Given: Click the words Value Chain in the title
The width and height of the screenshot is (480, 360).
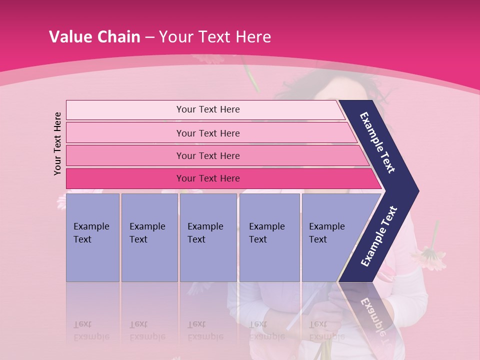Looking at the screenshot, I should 94,36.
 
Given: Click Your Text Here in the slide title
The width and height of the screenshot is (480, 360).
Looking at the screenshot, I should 215,36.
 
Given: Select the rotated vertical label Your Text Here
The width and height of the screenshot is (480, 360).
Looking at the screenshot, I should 57,143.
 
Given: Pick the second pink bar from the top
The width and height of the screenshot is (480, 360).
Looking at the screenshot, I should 207,133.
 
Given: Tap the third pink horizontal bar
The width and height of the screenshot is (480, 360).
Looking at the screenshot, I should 207,155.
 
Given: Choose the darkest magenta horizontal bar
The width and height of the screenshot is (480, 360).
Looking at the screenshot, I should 207,178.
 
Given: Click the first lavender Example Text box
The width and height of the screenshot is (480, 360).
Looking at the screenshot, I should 92,237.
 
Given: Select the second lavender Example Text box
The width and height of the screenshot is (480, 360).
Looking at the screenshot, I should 149,237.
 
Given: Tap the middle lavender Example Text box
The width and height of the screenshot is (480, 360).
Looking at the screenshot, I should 208,237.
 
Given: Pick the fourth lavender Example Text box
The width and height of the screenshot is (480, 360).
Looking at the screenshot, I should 269,237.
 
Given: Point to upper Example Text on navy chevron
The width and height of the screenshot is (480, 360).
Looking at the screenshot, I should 378,142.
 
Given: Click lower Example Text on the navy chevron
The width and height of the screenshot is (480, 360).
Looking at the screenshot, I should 379,236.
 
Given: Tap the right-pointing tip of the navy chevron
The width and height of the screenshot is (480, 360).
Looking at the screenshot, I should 415,191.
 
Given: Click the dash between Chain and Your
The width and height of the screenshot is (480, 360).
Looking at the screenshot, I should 149,37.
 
